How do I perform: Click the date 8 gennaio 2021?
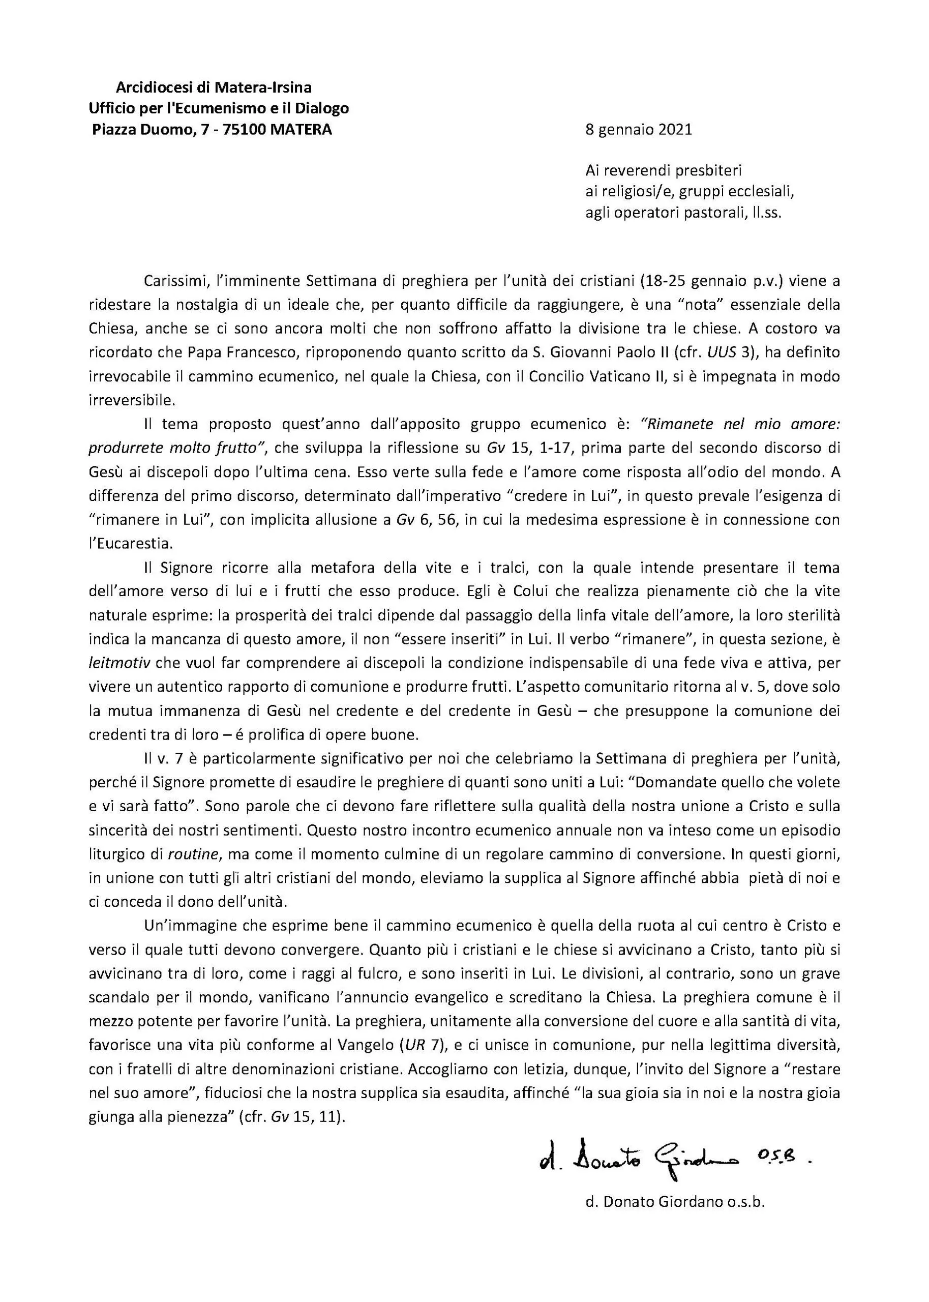639,130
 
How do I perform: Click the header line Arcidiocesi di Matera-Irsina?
214,87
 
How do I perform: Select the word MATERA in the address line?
301,130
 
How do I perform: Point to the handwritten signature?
675,1159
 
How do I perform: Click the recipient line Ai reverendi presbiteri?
663,170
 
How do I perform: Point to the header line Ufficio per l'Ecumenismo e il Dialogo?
219,109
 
